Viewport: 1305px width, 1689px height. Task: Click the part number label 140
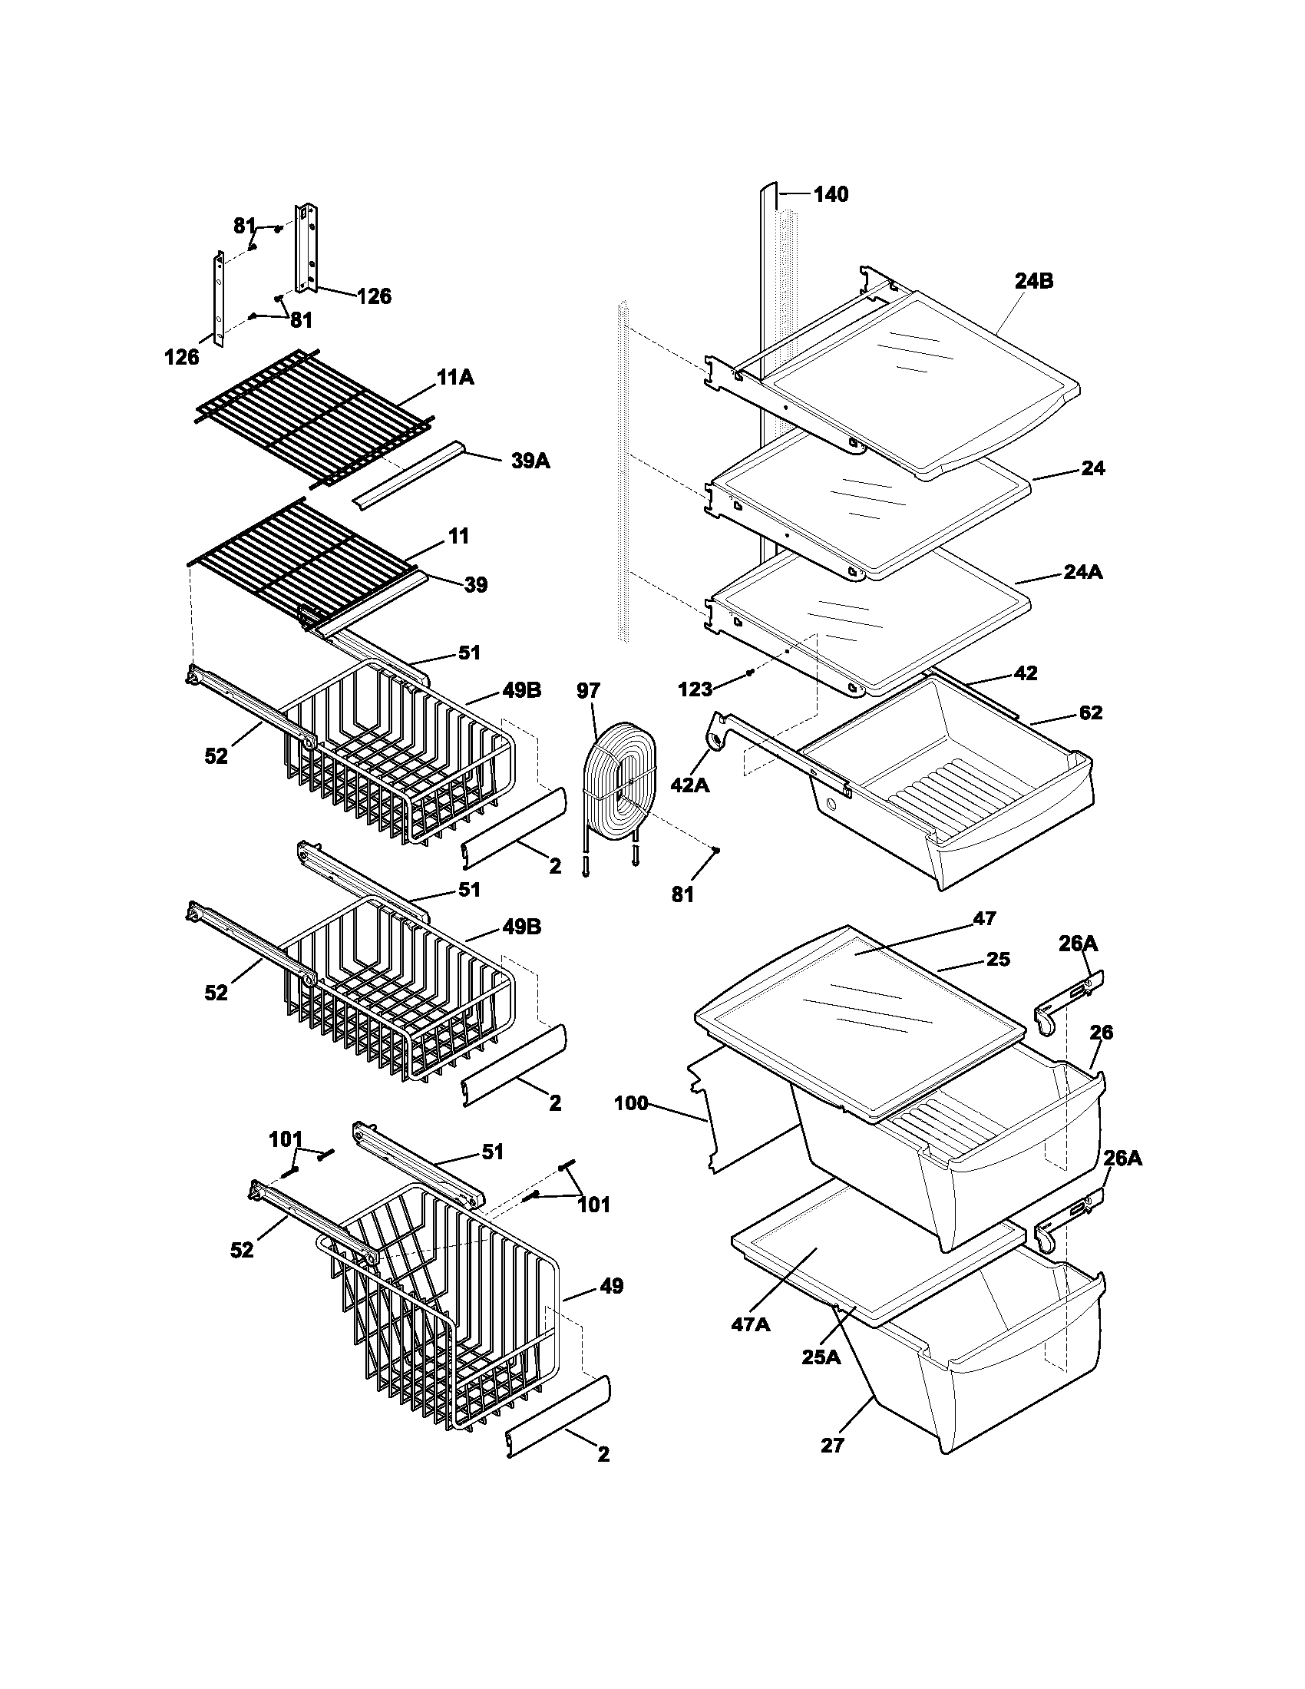point(831,194)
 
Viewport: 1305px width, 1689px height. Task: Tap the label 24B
point(1034,282)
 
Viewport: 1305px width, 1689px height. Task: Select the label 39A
point(530,461)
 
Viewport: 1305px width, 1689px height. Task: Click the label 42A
point(690,785)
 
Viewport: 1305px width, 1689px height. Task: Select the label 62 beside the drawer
point(1090,712)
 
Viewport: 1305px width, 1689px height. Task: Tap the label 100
point(631,1103)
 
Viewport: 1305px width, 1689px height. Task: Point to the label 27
point(832,1444)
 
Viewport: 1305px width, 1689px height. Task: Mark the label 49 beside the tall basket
point(611,1286)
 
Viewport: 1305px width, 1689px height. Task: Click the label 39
point(475,585)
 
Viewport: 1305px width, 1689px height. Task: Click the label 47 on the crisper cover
point(984,918)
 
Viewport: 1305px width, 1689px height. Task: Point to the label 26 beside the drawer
point(1101,1032)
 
